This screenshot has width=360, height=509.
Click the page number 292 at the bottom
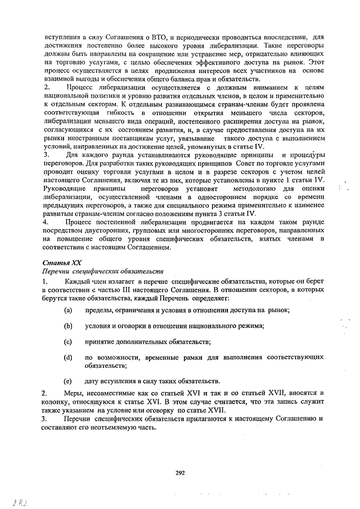point(180,473)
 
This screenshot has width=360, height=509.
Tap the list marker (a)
point(68,310)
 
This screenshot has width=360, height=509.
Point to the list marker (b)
point(68,326)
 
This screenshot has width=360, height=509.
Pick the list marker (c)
point(68,341)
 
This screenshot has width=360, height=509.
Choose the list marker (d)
point(68,357)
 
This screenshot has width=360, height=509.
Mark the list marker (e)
point(68,381)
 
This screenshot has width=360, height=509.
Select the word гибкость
point(116,115)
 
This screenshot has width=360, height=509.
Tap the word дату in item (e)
point(92,381)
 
